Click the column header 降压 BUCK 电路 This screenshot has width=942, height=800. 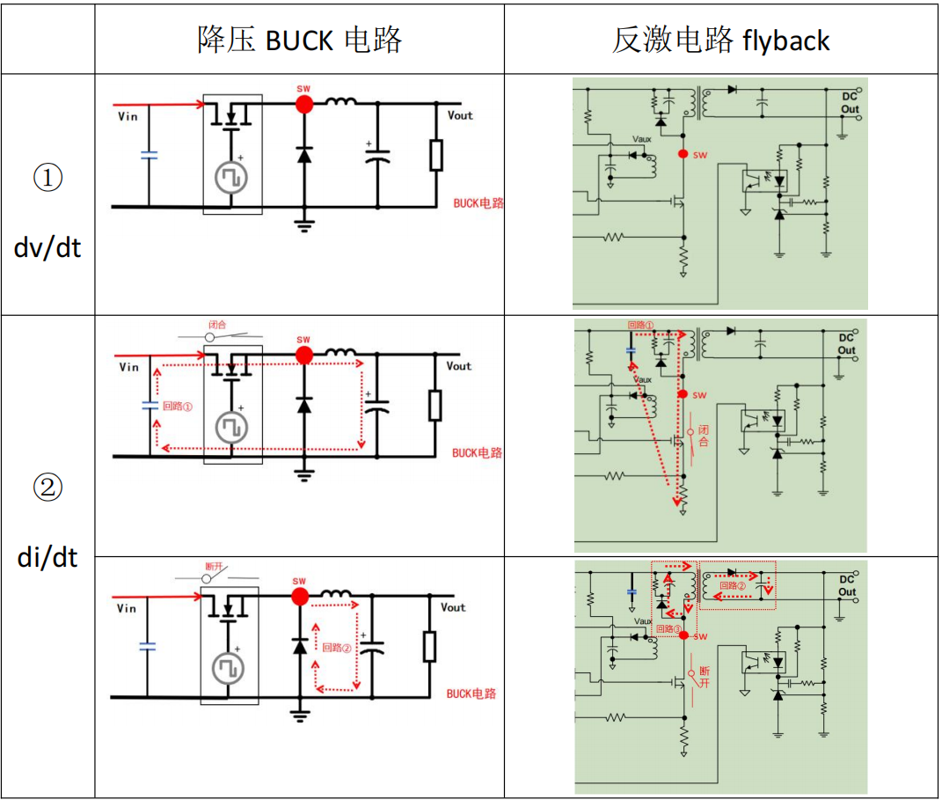299,40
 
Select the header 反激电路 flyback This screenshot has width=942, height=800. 720,40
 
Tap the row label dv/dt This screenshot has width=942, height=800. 47,247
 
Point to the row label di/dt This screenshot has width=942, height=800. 47,557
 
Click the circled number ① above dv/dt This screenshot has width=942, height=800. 47,179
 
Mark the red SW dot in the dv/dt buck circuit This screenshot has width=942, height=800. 303,104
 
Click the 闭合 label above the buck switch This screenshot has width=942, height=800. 217,324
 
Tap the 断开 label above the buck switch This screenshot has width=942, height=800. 214,567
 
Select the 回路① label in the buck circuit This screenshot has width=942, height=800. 178,407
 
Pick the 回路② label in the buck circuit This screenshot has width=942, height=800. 336,648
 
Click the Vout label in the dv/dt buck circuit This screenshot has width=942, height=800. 460,115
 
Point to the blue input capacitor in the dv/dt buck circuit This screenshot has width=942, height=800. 149,156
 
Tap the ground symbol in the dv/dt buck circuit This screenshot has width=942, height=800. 304,224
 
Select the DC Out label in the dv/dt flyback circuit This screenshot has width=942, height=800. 850,102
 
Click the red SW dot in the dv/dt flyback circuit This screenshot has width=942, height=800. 683,153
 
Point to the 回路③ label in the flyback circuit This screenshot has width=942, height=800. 669,629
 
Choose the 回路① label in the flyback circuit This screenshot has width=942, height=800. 641,325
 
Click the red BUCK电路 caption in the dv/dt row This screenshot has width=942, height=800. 478,203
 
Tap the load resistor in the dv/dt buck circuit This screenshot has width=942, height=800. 435,155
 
